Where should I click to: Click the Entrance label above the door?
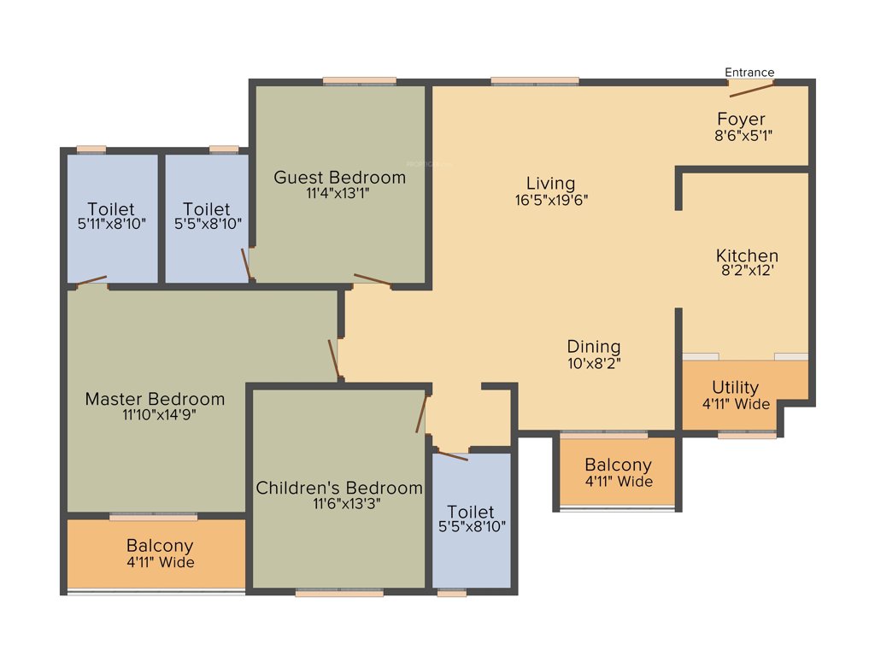(749, 72)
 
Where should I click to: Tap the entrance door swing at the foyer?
(751, 90)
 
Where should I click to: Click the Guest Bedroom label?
(339, 178)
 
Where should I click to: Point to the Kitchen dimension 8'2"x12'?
(747, 272)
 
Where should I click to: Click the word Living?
(550, 184)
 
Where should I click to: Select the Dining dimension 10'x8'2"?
(594, 362)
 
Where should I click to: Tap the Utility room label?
(735, 388)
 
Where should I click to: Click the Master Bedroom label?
(155, 399)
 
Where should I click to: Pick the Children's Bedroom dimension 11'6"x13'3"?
(339, 504)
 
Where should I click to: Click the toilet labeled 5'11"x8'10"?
(111, 216)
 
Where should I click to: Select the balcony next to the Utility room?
(618, 472)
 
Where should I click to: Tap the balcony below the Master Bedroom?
(159, 553)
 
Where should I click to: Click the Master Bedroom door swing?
(334, 360)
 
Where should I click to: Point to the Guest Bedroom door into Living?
(373, 280)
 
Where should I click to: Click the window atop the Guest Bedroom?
(359, 81)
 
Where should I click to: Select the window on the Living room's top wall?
(535, 81)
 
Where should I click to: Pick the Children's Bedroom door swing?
(421, 415)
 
